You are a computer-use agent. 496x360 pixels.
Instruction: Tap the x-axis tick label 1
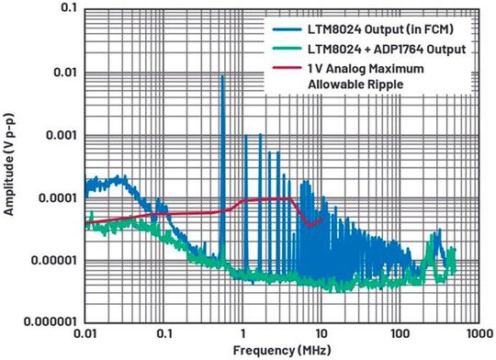click(x=242, y=334)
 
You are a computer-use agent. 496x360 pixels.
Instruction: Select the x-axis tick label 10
click(x=321, y=334)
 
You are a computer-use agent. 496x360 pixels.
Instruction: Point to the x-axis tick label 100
click(x=400, y=334)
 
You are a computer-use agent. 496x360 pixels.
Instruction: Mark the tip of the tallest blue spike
click(x=222, y=76)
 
